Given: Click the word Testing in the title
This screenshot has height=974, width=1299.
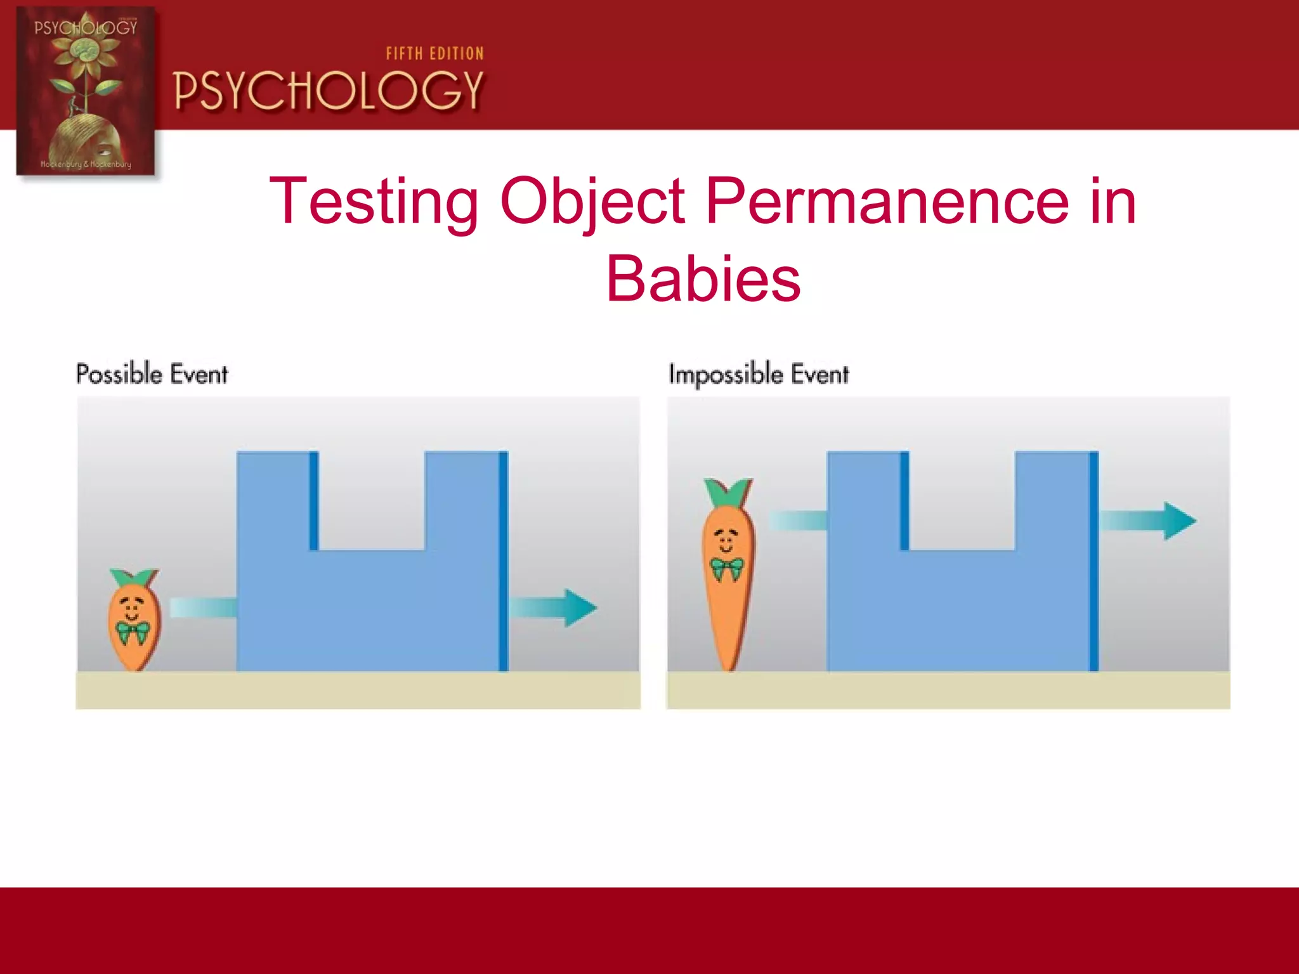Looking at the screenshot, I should click(x=374, y=202).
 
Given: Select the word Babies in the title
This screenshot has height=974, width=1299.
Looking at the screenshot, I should click(x=703, y=279).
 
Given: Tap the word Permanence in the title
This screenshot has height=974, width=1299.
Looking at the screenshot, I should click(x=887, y=202).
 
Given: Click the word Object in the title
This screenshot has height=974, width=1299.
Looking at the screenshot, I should click(x=592, y=202).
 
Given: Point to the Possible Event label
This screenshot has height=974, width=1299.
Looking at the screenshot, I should click(x=152, y=373).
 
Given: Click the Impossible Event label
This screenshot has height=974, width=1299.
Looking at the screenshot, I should click(x=759, y=373).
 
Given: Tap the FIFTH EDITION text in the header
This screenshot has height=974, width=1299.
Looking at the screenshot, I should click(x=435, y=54).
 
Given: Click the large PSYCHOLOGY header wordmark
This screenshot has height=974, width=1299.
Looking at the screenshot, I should click(x=329, y=91).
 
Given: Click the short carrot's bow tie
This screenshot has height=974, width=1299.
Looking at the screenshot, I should click(x=133, y=632).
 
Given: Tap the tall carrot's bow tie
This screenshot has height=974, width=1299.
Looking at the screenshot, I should click(x=727, y=568).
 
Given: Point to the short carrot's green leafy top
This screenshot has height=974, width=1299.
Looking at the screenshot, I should click(x=134, y=578).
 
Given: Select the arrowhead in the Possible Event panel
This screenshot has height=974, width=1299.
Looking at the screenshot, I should click(x=578, y=607).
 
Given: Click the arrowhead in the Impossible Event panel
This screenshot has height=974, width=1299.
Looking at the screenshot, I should click(x=1178, y=521).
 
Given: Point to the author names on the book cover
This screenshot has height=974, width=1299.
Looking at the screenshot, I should click(x=86, y=164).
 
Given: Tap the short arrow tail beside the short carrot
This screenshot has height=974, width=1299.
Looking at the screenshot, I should click(x=203, y=607).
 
